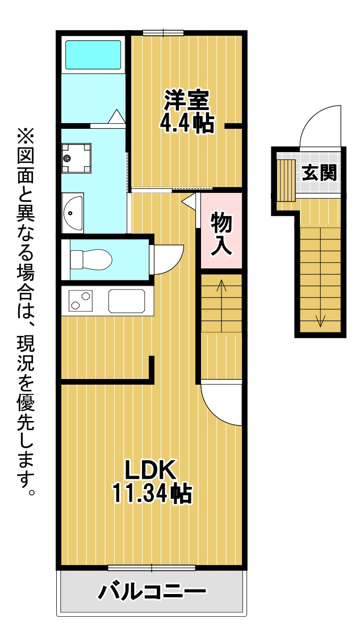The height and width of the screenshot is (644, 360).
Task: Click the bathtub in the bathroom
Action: [93, 54]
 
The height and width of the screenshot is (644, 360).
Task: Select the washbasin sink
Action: [73, 212]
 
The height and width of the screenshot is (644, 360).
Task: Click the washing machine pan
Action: [77, 158]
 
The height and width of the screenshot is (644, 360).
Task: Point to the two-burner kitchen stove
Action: [81, 301]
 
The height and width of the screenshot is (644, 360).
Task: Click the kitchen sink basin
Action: [127, 301]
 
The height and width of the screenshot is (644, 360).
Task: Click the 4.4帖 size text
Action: [187, 123]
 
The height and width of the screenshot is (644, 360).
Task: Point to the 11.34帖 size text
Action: [152, 494]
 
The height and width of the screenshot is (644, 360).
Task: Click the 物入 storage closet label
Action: [221, 233]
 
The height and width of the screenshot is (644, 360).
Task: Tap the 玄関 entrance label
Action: [319, 172]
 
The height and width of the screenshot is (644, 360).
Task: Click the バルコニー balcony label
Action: [152, 591]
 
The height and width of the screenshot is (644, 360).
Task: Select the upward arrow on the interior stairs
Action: [221, 306]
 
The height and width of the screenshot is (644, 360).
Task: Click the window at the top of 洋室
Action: [163, 33]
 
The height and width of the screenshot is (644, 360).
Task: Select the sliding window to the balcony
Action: [152, 568]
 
